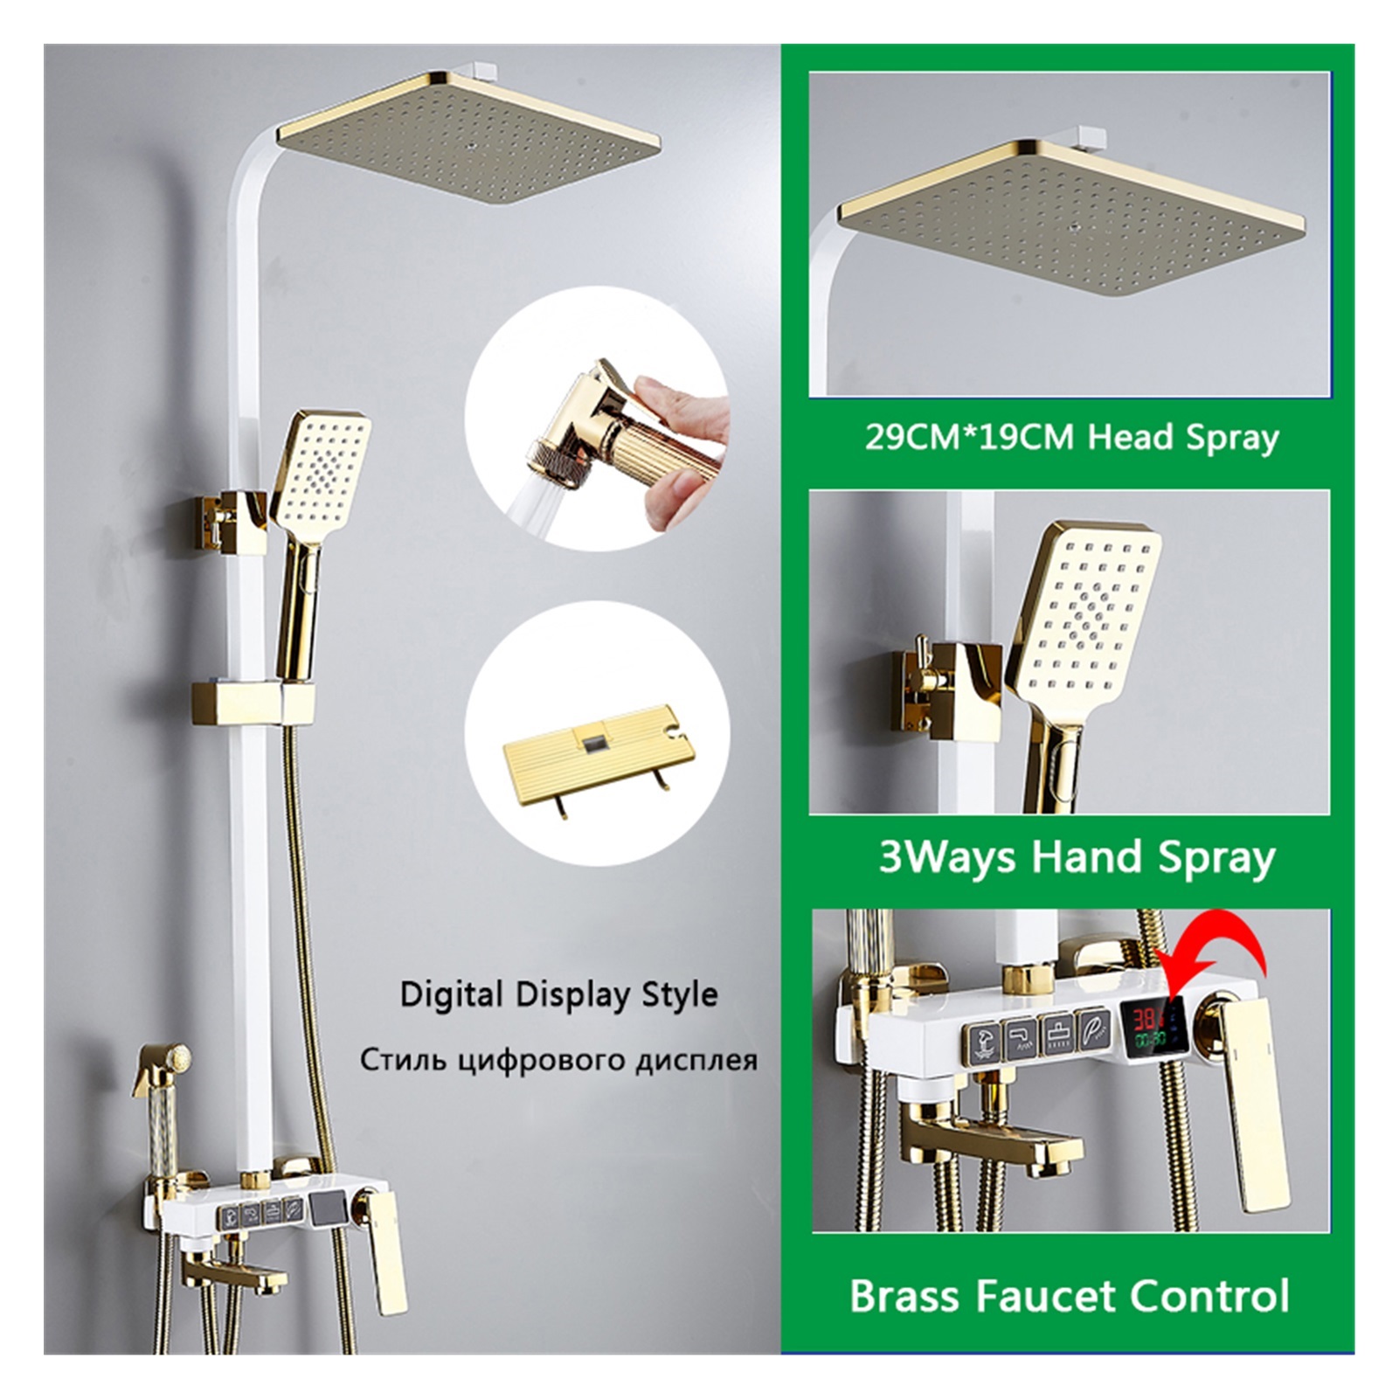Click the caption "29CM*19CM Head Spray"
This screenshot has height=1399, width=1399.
[1071, 436]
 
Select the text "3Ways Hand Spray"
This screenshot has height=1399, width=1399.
[1077, 857]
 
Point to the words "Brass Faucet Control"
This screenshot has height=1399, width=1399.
[1070, 1297]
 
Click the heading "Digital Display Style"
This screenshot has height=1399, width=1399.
[558, 994]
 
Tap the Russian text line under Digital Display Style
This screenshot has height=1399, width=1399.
[558, 1061]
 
